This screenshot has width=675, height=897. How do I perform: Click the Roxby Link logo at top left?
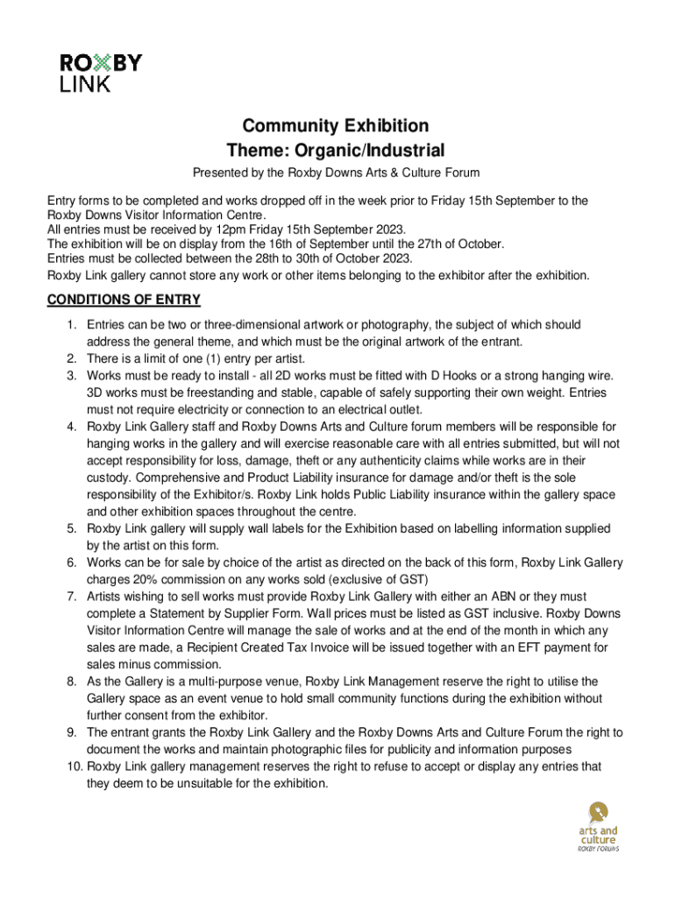100,73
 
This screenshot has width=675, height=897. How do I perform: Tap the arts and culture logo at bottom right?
597,827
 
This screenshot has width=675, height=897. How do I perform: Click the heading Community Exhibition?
336,126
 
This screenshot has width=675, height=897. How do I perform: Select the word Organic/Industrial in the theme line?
378,151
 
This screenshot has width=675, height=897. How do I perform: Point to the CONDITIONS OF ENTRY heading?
124,300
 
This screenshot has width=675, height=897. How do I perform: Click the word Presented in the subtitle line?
220,173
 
